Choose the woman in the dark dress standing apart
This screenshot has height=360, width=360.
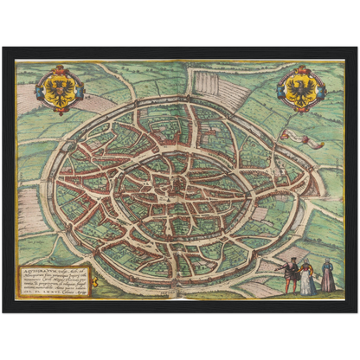[328, 277]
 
